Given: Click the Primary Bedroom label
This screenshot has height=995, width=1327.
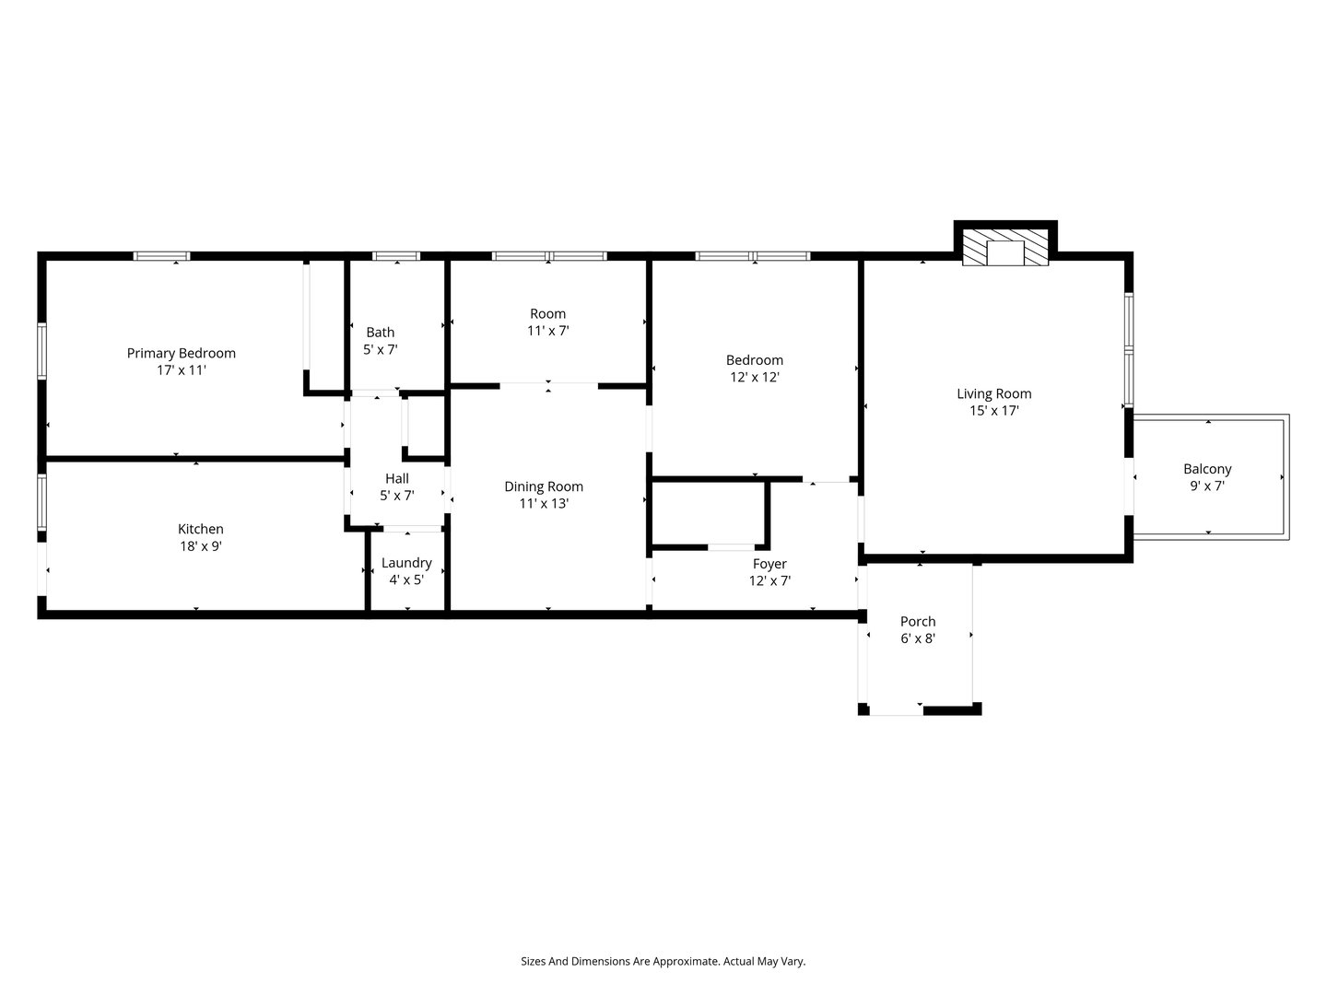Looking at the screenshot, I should point(181,353).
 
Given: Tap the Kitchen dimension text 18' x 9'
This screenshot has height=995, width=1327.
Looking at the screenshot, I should point(200,545).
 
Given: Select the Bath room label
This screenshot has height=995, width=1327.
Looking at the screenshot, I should point(380,333).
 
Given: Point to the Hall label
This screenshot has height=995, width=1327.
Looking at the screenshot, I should point(396,479).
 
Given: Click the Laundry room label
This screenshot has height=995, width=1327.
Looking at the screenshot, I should point(406,563).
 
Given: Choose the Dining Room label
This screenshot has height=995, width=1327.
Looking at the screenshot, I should point(543,486).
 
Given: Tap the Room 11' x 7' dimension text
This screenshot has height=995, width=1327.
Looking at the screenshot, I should point(547,331).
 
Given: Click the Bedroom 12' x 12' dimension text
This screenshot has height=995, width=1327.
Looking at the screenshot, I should point(754,377).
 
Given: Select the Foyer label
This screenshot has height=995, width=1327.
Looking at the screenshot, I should point(769,564).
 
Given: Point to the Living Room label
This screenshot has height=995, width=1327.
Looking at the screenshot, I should point(993,394).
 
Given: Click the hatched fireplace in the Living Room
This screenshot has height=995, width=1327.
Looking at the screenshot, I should point(1005,248).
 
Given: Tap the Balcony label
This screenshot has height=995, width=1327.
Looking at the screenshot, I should point(1207,469).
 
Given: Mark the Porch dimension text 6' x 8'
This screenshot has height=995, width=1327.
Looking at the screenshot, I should point(918,638).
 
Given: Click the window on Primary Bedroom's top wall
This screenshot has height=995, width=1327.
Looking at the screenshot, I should point(161,256).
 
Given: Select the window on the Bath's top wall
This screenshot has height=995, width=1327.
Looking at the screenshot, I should point(395,256).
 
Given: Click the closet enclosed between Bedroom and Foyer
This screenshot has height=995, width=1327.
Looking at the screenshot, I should point(708,513).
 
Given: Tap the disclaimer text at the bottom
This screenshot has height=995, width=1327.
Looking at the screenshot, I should point(663,961).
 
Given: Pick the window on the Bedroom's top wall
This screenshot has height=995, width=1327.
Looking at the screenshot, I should point(753,256).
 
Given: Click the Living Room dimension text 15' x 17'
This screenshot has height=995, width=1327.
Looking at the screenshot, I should point(993,411).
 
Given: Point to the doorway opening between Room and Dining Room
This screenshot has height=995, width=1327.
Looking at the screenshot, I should point(548,384).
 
